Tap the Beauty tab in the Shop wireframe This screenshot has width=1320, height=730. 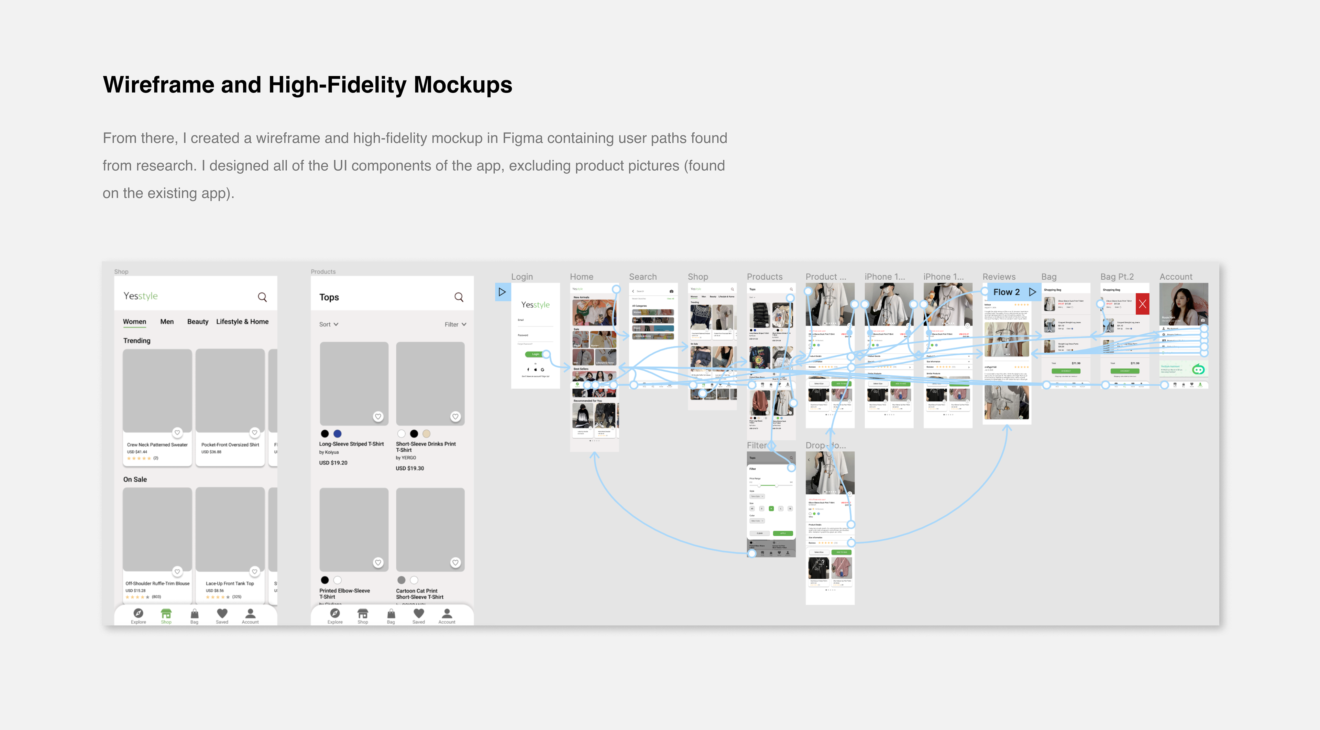point(197,321)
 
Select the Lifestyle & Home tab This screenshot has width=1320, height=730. point(242,321)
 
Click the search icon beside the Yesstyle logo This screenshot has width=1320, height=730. point(262,297)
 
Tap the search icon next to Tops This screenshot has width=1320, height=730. point(459,297)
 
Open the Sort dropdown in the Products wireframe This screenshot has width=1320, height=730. point(329,324)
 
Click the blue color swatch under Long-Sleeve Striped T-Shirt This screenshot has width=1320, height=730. point(337,434)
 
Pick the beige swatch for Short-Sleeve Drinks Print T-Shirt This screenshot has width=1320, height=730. point(426,434)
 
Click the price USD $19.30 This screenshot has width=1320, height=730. point(409,468)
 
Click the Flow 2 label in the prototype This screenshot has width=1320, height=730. point(1006,292)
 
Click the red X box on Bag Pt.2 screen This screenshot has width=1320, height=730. point(1142,304)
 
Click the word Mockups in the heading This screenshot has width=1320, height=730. point(463,85)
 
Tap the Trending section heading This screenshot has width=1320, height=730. point(137,340)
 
